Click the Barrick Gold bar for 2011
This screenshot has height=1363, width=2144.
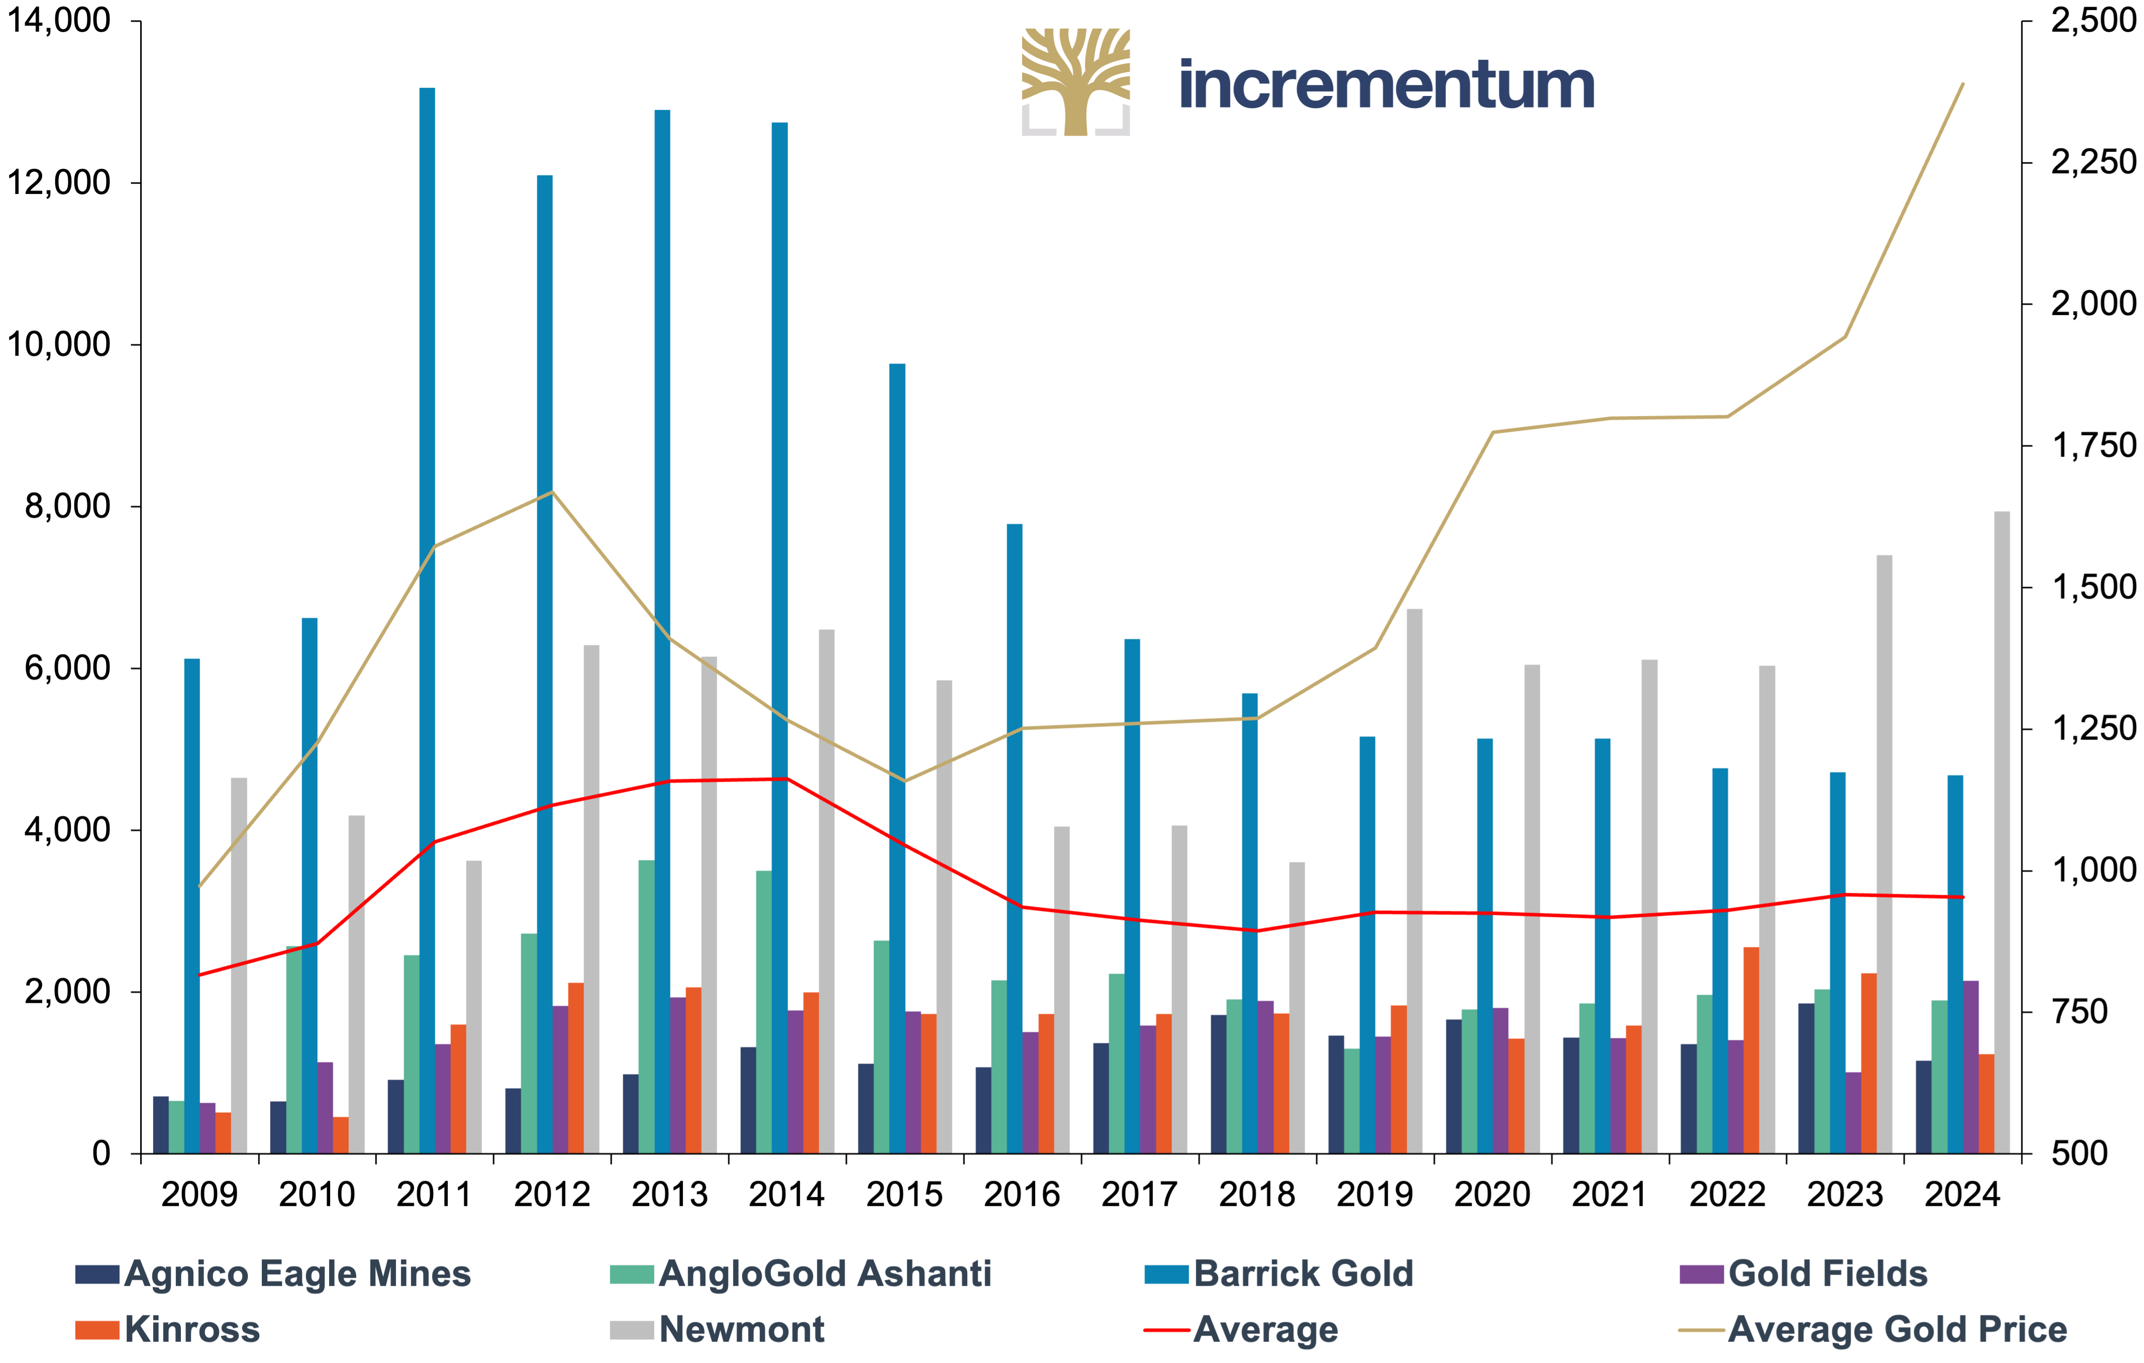click(x=428, y=620)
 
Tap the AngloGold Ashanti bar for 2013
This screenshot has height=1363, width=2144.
click(x=646, y=1007)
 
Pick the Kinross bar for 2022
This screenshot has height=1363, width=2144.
click(x=1752, y=1051)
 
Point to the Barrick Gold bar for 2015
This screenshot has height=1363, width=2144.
click(x=897, y=759)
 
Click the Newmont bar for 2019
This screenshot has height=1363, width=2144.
click(x=1415, y=881)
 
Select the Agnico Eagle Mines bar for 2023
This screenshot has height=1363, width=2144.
click(x=1806, y=1078)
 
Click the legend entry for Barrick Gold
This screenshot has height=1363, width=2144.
click(x=1279, y=1274)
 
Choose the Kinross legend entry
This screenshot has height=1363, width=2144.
click(x=168, y=1330)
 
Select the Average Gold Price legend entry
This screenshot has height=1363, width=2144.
click(x=1873, y=1330)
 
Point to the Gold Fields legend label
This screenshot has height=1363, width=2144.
click(x=1828, y=1274)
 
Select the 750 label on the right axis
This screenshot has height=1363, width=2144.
click(x=2080, y=1012)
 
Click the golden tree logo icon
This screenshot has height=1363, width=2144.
click(x=1076, y=82)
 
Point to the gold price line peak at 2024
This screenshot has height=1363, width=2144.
click(x=1963, y=84)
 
